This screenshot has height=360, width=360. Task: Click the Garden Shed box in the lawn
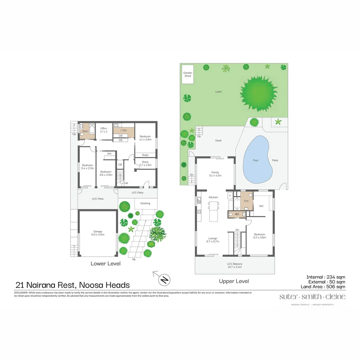pyautogui.click(x=188, y=74)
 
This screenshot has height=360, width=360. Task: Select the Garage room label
pyautogui.click(x=98, y=233)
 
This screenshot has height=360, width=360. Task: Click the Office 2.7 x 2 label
pyautogui.click(x=104, y=130)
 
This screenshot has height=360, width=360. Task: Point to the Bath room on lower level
pyautogui.click(x=85, y=131)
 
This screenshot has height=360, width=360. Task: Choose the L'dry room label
pyautogui.click(x=123, y=130)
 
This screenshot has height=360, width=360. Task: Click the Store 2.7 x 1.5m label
pyautogui.click(x=145, y=164)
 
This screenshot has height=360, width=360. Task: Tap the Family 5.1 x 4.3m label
pyautogui.click(x=215, y=174)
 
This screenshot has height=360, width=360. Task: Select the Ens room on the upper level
pyautogui.click(x=246, y=201)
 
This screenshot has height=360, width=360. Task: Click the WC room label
pyautogui.click(x=237, y=214)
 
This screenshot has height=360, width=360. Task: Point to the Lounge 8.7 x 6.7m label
pyautogui.click(x=213, y=240)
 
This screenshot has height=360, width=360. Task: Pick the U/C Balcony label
pyautogui.click(x=235, y=265)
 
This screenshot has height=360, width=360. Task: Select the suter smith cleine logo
pyautogui.click(x=312, y=297)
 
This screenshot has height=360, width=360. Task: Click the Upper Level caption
pyautogui.click(x=234, y=281)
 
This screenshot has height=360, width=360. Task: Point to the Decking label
pyautogui.click(x=145, y=203)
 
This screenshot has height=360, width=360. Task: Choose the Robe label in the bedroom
pyautogui.click(x=145, y=155)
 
